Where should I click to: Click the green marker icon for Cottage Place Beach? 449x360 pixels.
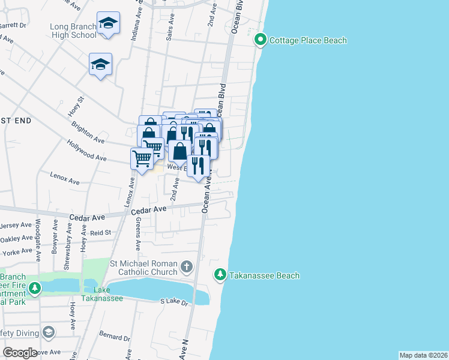click(x=261, y=40)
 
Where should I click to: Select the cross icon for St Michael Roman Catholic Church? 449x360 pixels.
click(x=187, y=266)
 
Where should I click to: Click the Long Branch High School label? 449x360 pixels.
click(x=65, y=31)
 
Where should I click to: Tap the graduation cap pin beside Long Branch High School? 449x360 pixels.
click(x=108, y=23)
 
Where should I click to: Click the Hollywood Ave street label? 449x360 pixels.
click(x=86, y=152)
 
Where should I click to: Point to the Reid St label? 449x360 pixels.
click(x=100, y=232)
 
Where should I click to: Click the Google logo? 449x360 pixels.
click(x=20, y=353)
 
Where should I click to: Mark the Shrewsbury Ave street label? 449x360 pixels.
click(x=70, y=237)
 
